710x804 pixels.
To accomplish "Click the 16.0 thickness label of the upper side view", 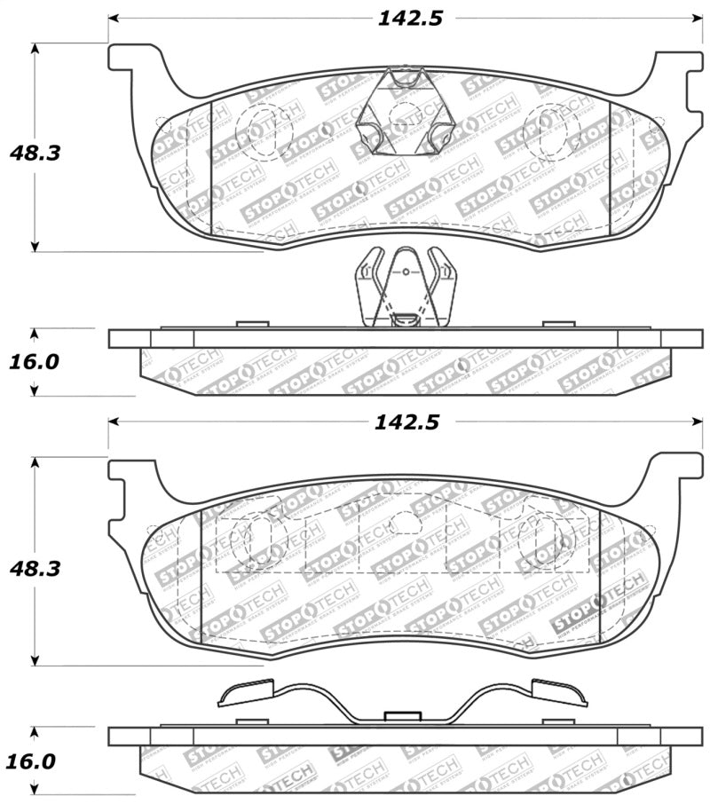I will (34, 362).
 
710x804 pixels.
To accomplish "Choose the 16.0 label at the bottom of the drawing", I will (34, 761).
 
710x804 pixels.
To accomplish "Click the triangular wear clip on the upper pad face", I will (404, 113).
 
